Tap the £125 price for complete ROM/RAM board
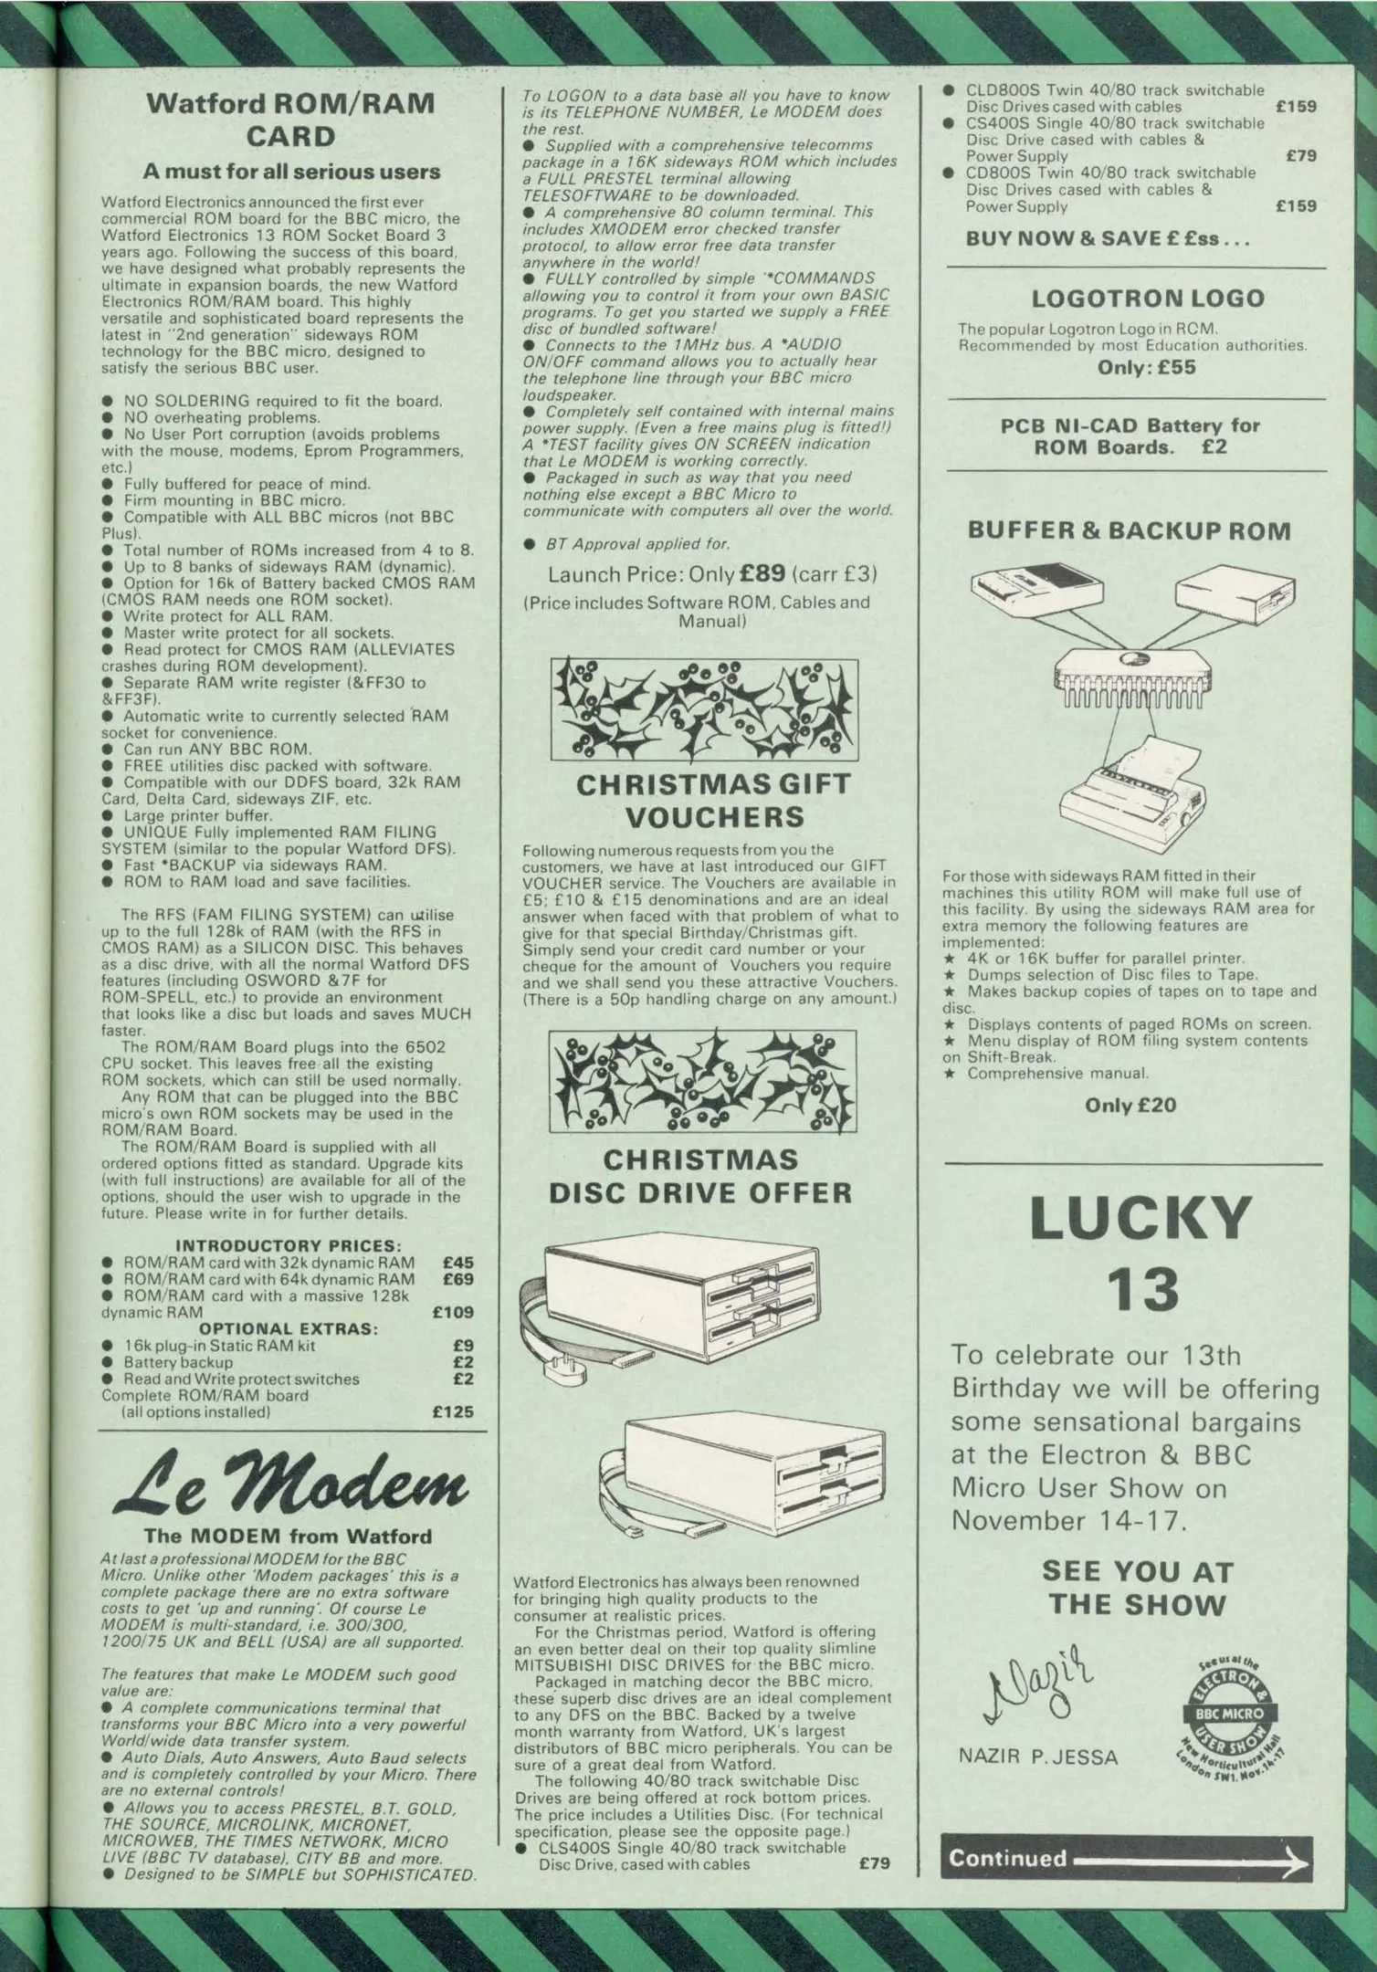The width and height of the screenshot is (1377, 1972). click(453, 1411)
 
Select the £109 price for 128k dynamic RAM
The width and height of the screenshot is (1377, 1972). click(453, 1312)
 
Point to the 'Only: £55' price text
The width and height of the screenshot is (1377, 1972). click(1147, 367)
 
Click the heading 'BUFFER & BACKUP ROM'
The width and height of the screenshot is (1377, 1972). click(1130, 530)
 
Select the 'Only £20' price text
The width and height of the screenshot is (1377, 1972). click(1130, 1105)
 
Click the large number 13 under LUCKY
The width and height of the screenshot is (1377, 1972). click(1142, 1290)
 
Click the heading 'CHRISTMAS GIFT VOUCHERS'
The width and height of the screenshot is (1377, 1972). click(701, 800)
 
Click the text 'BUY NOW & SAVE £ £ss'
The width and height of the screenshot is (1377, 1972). click(1107, 238)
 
